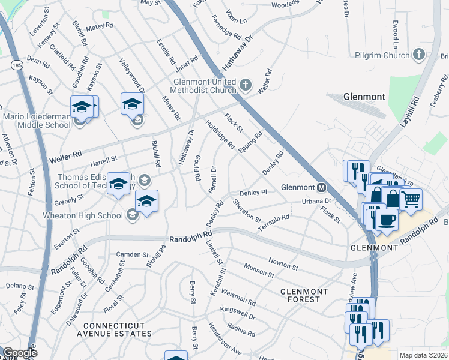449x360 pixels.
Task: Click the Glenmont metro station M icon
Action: [x=321, y=187]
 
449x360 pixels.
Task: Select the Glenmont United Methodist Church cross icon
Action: [x=246, y=86]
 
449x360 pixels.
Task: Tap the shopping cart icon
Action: [x=411, y=199]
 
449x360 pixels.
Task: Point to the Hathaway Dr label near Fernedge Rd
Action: [x=240, y=52]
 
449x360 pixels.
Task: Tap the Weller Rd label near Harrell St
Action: [x=65, y=158]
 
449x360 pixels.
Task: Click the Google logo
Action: [x=20, y=353]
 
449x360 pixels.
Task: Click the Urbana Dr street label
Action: [x=316, y=201]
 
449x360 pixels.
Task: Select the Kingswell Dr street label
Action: [x=238, y=313]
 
